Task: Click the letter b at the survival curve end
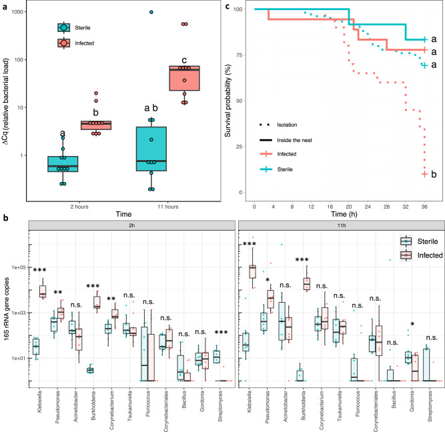tap(434, 175)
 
